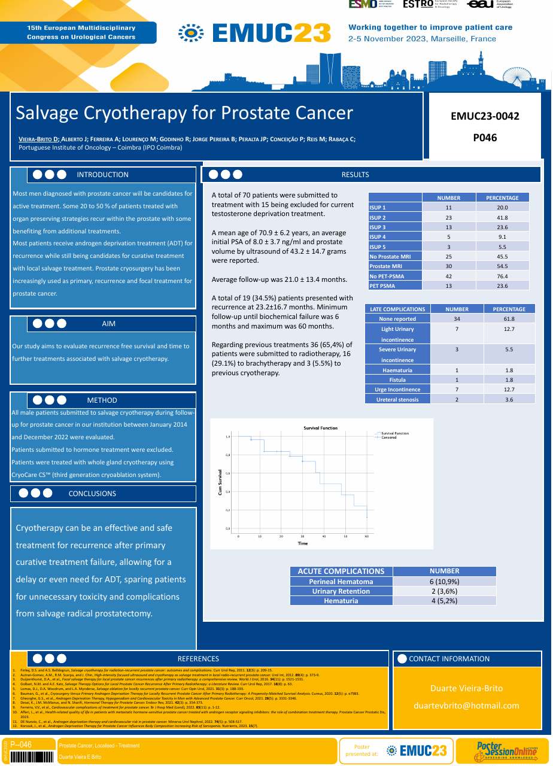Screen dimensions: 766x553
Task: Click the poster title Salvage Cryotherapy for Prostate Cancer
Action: [x=184, y=113]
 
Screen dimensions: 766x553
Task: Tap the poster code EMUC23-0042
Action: [x=485, y=116]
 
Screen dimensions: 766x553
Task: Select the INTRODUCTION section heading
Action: [x=102, y=175]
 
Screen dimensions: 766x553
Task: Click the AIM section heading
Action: [x=108, y=324]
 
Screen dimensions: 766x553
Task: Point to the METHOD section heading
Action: [x=102, y=400]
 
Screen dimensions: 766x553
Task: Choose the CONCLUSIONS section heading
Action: [x=92, y=494]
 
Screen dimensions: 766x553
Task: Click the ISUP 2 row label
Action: [x=378, y=218]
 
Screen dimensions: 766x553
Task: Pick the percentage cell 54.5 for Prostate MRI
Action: [x=502, y=266]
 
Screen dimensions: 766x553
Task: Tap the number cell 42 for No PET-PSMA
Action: [x=448, y=276]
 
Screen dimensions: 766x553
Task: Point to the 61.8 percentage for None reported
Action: [x=509, y=319]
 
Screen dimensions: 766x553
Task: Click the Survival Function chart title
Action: [x=320, y=428]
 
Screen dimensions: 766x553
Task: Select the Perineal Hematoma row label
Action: [x=341, y=582]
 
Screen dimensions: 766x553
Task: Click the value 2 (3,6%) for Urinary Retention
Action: [x=444, y=591]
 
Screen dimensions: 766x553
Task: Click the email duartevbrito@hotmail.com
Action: [x=466, y=706]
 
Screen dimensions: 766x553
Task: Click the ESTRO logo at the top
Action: [x=418, y=4]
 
